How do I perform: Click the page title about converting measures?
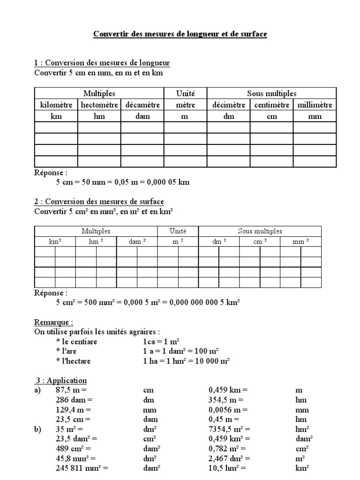(180, 34)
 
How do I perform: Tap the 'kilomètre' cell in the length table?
(56, 105)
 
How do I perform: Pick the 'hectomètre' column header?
(99, 105)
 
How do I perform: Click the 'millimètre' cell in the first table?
(315, 105)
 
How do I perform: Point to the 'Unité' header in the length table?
(185, 94)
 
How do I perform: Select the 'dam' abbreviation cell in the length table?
(142, 116)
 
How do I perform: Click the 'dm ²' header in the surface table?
(219, 241)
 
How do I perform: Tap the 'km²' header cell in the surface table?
(55, 241)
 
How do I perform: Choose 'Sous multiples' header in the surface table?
(260, 231)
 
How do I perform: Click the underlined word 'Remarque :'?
(54, 322)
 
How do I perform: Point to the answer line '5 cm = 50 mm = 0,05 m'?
(123, 182)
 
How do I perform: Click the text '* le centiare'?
(76, 342)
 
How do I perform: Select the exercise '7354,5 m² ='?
(229, 429)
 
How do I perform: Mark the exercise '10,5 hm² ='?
(227, 468)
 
